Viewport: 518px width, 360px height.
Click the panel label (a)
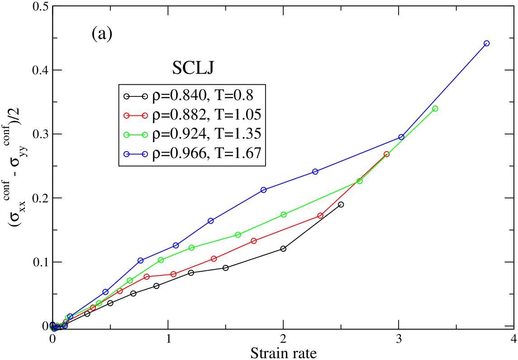[x=102, y=34]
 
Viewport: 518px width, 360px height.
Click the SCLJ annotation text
[x=193, y=68]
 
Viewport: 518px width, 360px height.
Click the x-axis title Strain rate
[x=284, y=353]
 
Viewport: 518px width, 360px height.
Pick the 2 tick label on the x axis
[x=283, y=339]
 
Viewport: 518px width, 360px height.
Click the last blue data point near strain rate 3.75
[x=486, y=43]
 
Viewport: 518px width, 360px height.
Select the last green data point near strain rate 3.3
[x=435, y=108]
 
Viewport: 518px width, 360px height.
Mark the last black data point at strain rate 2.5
[x=341, y=204]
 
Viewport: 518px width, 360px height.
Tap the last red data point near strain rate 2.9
[x=386, y=154]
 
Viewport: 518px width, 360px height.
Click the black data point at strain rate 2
[x=283, y=249]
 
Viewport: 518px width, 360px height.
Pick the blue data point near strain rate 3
[x=401, y=137]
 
